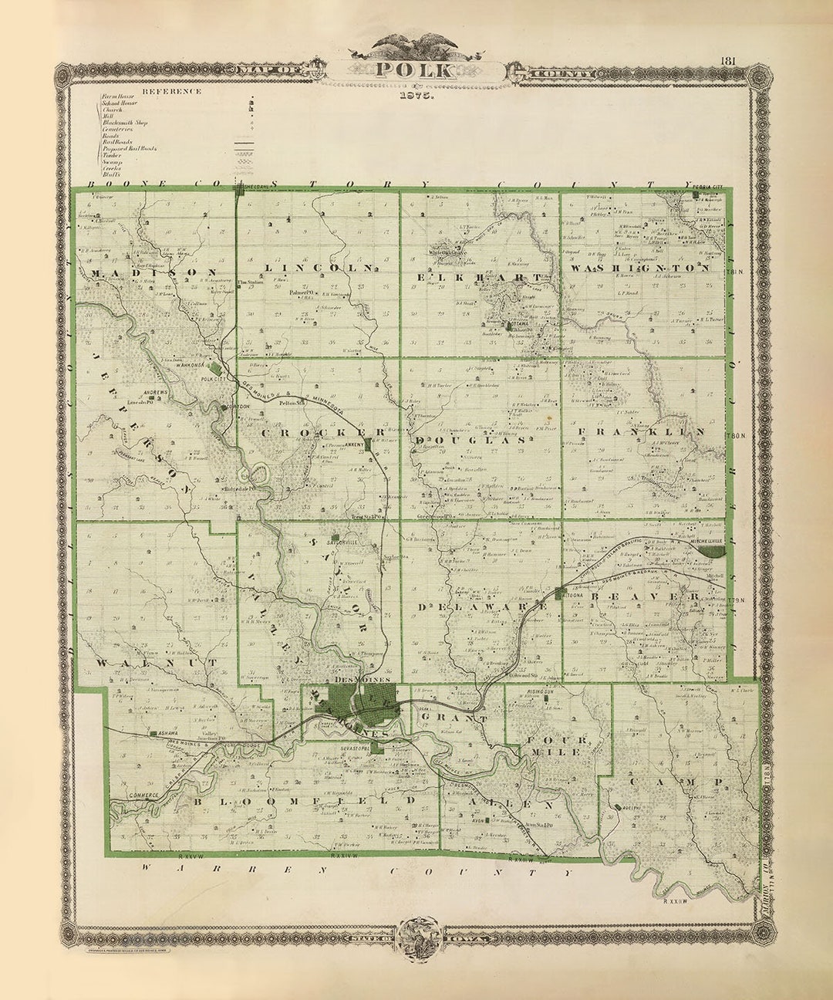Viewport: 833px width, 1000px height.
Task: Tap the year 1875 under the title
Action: point(416,97)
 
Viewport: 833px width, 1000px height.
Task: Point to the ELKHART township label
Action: point(479,275)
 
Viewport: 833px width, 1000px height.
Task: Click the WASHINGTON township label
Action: point(641,269)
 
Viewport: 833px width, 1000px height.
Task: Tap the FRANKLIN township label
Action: point(642,432)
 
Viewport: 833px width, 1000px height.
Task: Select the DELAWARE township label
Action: point(483,607)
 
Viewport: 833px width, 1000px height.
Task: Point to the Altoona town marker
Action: point(561,593)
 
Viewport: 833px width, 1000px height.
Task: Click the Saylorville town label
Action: point(343,542)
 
